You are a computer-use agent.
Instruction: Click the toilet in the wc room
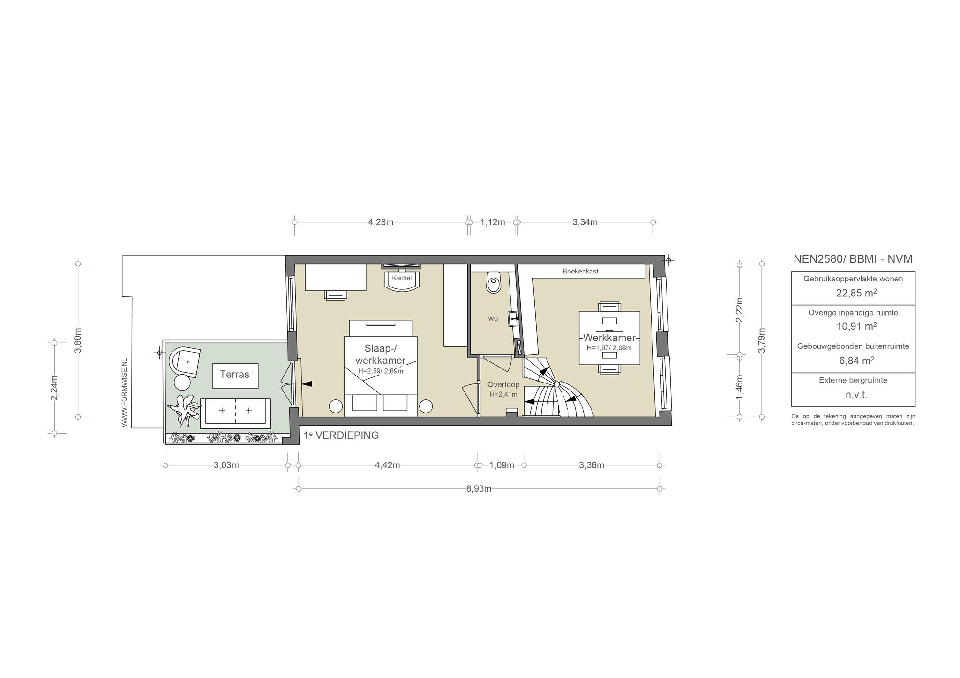tap(494, 282)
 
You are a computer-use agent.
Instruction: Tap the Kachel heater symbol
tap(402, 280)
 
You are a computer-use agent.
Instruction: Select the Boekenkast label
tap(580, 271)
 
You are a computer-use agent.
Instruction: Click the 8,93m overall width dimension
tap(479, 489)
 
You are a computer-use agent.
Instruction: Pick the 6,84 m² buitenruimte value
tap(856, 361)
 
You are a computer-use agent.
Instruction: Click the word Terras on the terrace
tap(234, 375)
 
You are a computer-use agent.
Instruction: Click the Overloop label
tap(503, 385)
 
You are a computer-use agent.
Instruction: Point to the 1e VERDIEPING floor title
tap(341, 435)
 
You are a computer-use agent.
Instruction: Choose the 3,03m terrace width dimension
tap(226, 465)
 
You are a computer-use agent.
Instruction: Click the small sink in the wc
tap(514, 318)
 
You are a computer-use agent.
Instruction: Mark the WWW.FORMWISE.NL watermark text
tap(124, 392)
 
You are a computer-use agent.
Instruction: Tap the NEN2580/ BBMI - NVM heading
tap(853, 259)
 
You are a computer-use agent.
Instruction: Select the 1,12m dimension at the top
tap(493, 222)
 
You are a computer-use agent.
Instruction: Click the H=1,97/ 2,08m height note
tap(609, 348)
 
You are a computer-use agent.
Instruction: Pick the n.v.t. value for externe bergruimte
tap(856, 395)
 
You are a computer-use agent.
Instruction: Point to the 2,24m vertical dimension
tap(54, 388)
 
